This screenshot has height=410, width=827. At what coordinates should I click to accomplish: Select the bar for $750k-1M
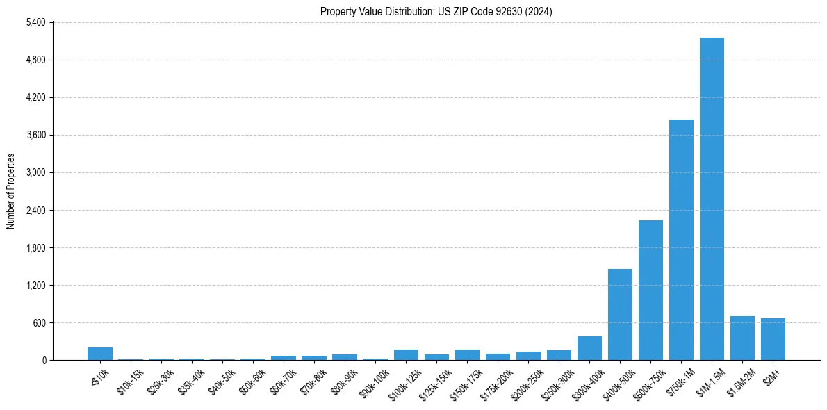(681, 240)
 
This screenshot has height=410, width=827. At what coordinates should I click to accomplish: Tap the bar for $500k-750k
(650, 290)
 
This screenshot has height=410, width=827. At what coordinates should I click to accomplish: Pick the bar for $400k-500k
(620, 314)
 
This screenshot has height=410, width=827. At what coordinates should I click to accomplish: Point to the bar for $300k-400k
(589, 348)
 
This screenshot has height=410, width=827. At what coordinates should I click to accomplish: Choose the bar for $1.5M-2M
(742, 338)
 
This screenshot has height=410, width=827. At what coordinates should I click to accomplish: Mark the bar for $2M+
(773, 339)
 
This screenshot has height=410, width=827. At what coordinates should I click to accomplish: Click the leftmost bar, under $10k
(100, 354)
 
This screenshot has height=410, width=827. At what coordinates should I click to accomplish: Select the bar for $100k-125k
(406, 355)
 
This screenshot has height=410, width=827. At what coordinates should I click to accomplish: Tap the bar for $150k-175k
(467, 355)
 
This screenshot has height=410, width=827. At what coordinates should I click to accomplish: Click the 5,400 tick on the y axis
(35, 22)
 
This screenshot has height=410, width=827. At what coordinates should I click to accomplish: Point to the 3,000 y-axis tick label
(35, 172)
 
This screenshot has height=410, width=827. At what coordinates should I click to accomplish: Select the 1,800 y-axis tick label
(35, 247)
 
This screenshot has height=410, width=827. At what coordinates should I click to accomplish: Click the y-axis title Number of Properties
(11, 191)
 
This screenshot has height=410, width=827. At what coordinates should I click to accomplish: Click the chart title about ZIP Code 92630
(436, 11)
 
